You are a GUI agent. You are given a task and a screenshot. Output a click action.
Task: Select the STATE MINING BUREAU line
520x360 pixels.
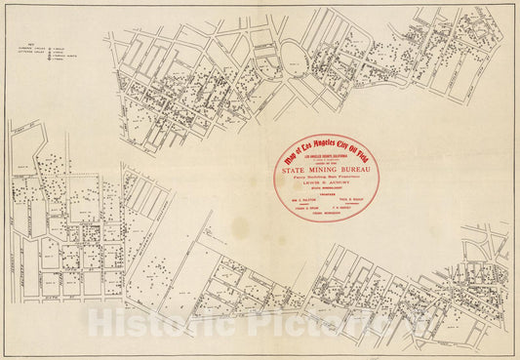(326, 169)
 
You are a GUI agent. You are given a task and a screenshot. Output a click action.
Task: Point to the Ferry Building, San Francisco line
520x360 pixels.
(326, 176)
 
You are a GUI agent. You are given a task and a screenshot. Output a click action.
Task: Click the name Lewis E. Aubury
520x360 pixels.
(326, 182)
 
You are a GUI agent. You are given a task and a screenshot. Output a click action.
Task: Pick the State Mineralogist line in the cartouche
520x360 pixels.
(326, 188)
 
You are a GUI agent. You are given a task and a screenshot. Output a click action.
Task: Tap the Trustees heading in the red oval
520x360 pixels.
(326, 194)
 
